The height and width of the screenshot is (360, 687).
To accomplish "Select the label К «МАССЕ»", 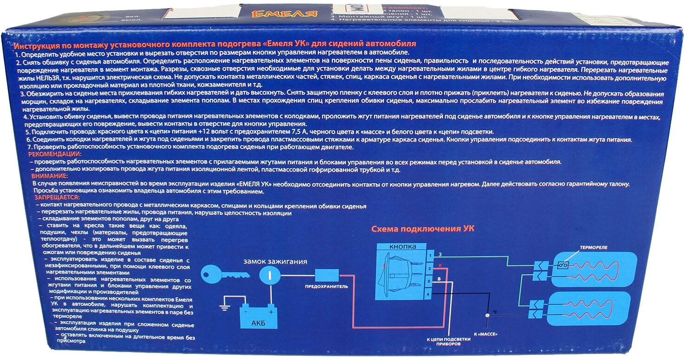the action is click(486, 333).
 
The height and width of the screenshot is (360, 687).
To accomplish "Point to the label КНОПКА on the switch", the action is click(402, 246).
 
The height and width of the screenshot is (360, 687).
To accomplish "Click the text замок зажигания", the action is click(275, 261).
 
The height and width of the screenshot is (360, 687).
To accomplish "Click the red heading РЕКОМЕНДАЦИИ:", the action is click(54, 154).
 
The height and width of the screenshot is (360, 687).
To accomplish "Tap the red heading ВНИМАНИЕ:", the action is click(50, 176).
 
